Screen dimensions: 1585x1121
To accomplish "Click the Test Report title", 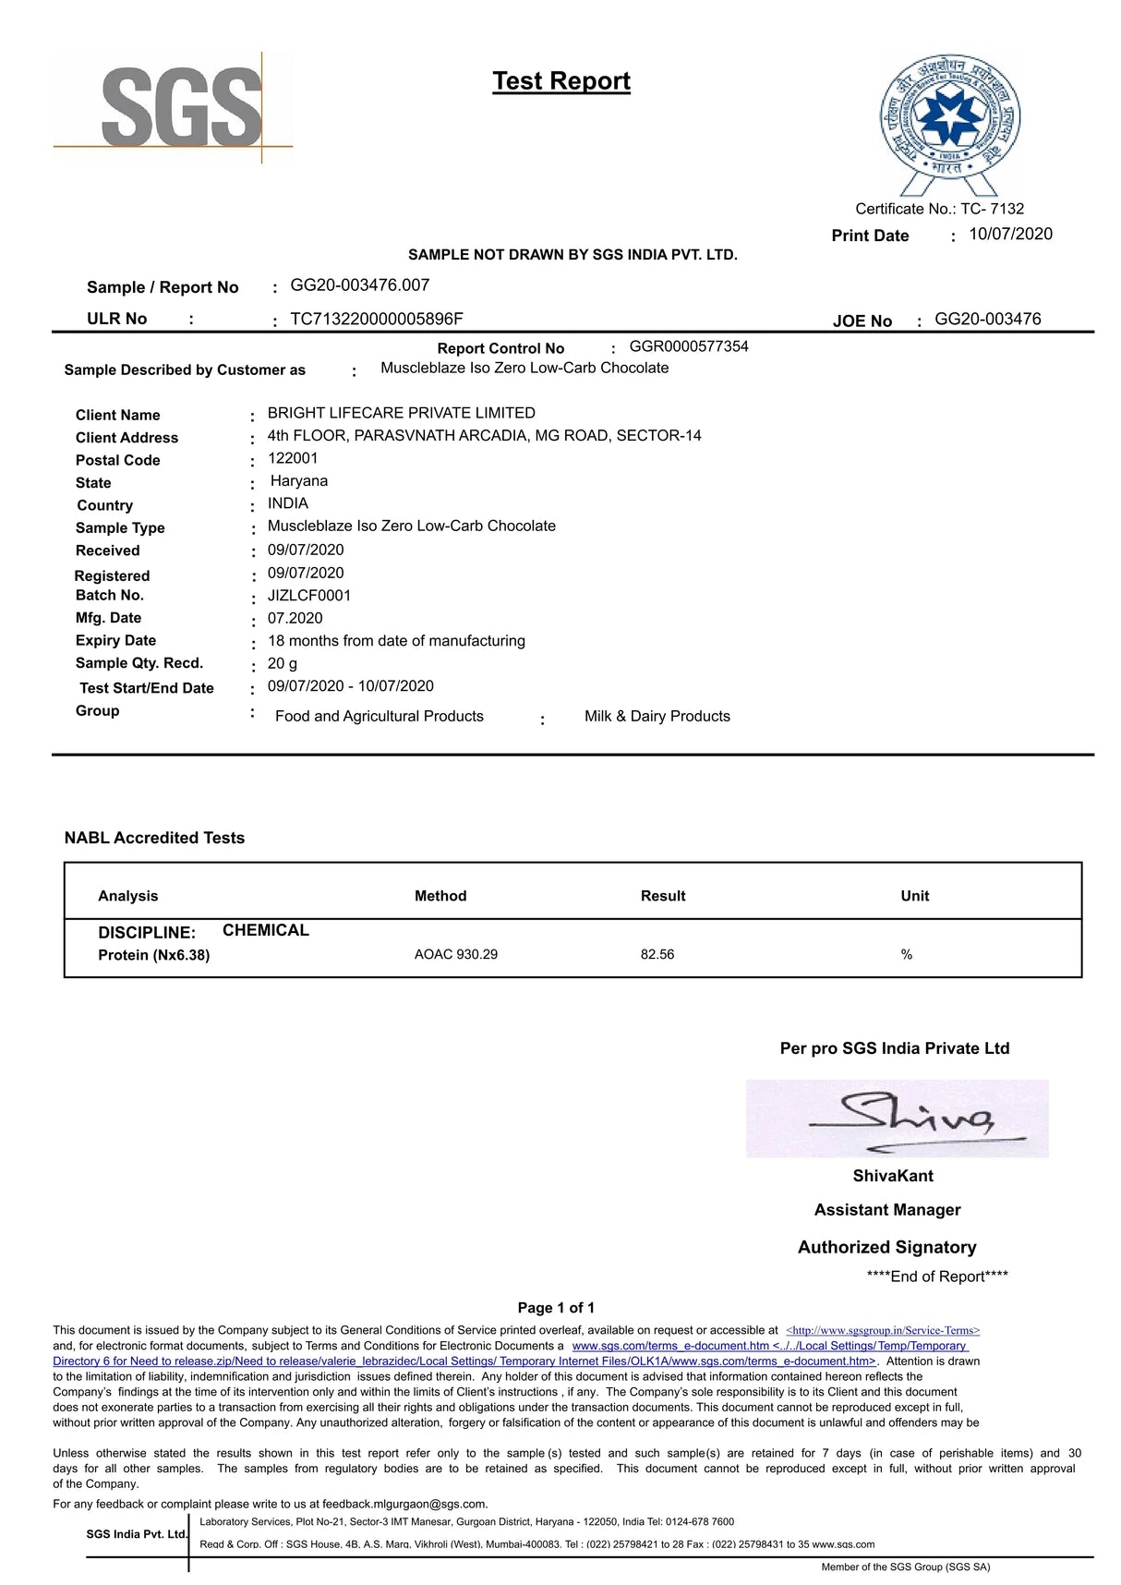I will coord(561,81).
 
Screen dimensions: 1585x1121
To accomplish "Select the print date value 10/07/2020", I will coord(1010,235).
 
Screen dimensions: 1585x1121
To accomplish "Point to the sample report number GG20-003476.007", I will coord(360,285).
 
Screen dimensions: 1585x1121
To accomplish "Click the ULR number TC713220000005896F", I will coord(377,320).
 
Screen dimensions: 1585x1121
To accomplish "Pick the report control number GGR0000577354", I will coord(689,347).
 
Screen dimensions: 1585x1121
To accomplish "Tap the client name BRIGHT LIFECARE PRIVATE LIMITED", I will coord(402,413).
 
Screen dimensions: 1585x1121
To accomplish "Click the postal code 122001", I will coord(293,458).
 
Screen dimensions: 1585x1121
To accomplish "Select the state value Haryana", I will coord(299,481).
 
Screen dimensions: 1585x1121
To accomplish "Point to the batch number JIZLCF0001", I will coord(309,596).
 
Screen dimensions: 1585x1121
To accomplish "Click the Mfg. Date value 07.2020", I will coord(295,618).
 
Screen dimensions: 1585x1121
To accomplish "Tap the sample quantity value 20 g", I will coord(283,663).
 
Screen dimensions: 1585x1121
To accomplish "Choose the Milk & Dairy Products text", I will coord(657,717).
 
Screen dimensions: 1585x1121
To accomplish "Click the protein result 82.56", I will coord(657,954).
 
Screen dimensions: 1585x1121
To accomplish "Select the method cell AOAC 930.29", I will coord(456,954).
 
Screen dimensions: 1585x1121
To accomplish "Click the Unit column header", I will coord(915,896).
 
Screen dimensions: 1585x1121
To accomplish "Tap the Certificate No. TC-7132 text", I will coord(939,209).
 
